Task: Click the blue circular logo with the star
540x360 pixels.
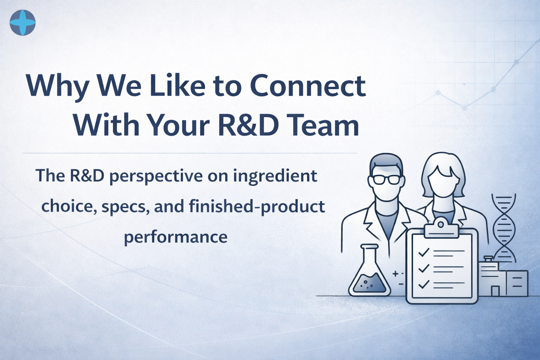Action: [x=22, y=22]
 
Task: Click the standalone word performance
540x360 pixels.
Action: [x=176, y=237]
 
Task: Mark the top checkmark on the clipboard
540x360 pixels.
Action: [x=424, y=252]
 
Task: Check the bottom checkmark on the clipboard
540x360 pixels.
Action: [x=424, y=284]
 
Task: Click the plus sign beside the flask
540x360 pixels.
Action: [x=395, y=274]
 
